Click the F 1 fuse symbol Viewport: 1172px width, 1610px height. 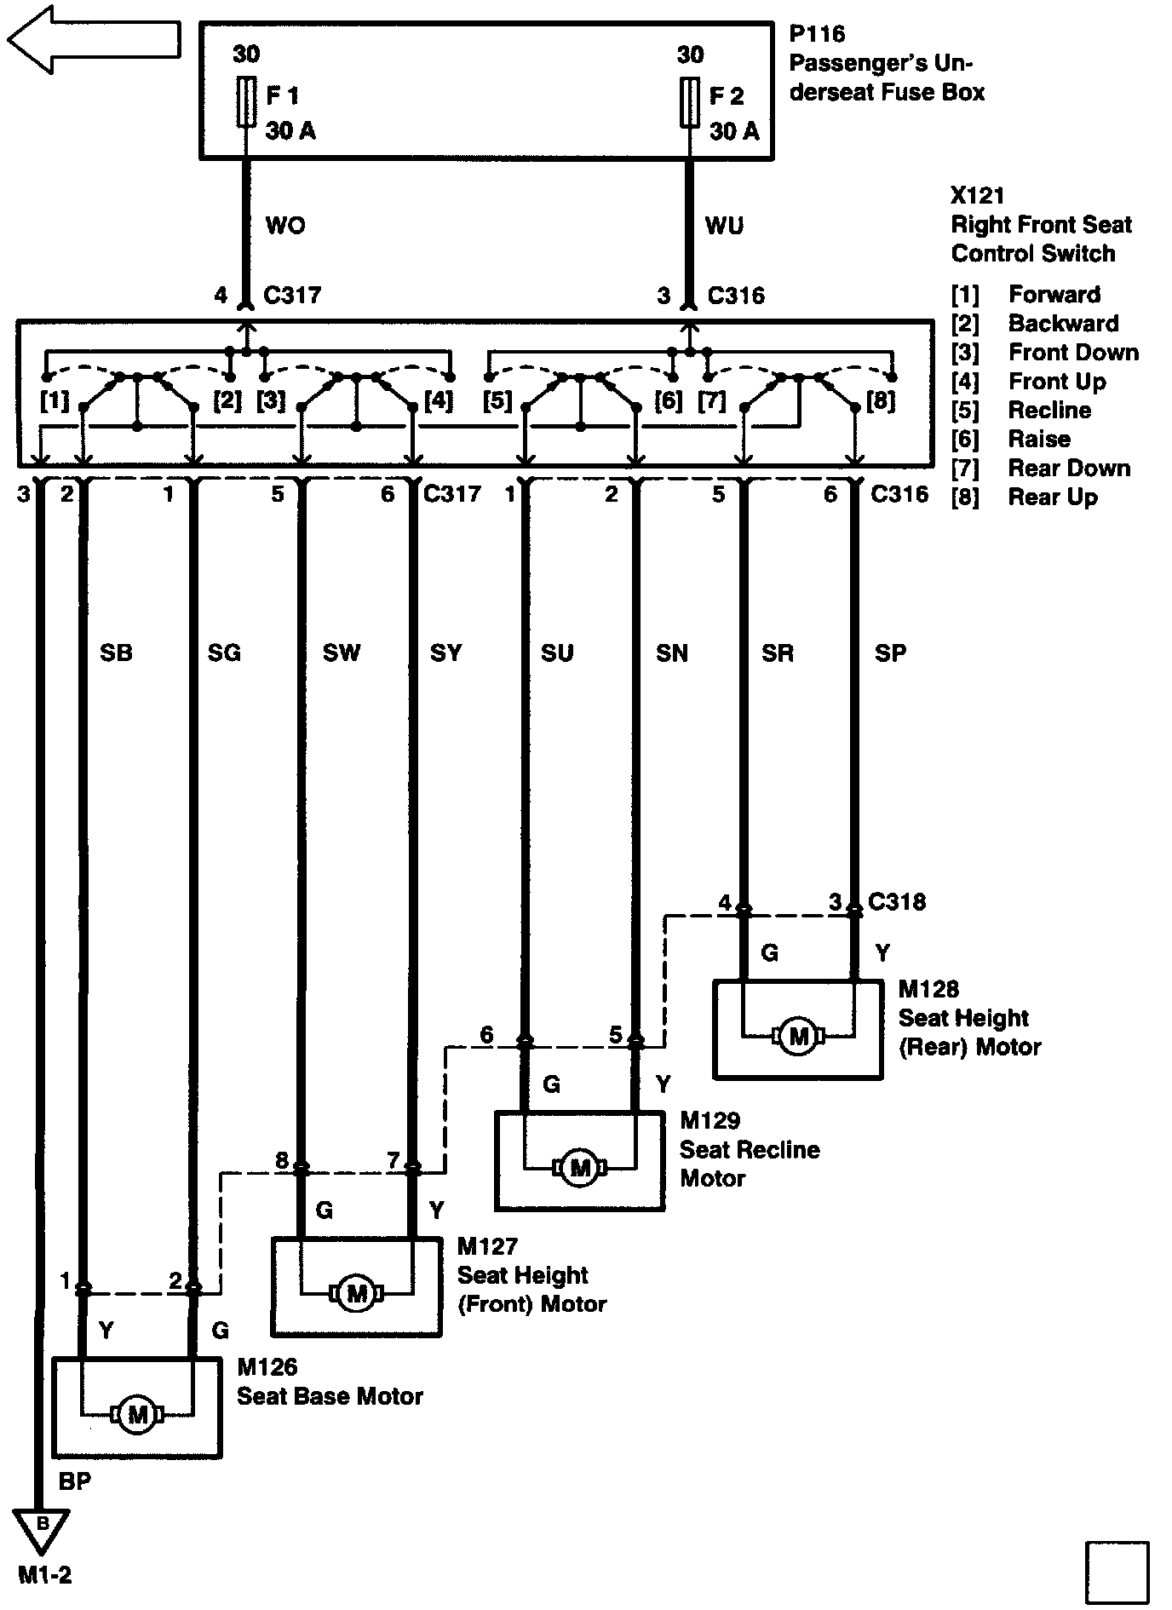(x=245, y=102)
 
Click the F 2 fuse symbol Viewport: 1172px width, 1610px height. (x=689, y=102)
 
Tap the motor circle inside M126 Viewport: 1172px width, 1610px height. (x=136, y=1415)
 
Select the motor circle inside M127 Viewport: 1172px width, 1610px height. (x=357, y=1294)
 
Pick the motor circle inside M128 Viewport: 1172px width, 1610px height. (x=799, y=1036)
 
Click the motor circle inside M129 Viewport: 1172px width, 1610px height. (x=579, y=1167)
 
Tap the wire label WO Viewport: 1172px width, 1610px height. (x=285, y=226)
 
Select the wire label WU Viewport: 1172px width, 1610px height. (x=724, y=226)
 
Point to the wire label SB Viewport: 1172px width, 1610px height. (x=116, y=653)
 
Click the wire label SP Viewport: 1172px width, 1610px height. (x=890, y=653)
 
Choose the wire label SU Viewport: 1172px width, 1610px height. (x=557, y=653)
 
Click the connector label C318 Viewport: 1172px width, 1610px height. (x=896, y=902)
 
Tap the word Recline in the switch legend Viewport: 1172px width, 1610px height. (x=1049, y=411)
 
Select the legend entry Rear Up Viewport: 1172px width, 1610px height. (x=1053, y=497)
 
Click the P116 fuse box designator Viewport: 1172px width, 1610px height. (x=817, y=34)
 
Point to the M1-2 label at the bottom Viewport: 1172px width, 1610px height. (x=45, y=1576)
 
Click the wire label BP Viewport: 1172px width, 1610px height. (x=75, y=1481)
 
